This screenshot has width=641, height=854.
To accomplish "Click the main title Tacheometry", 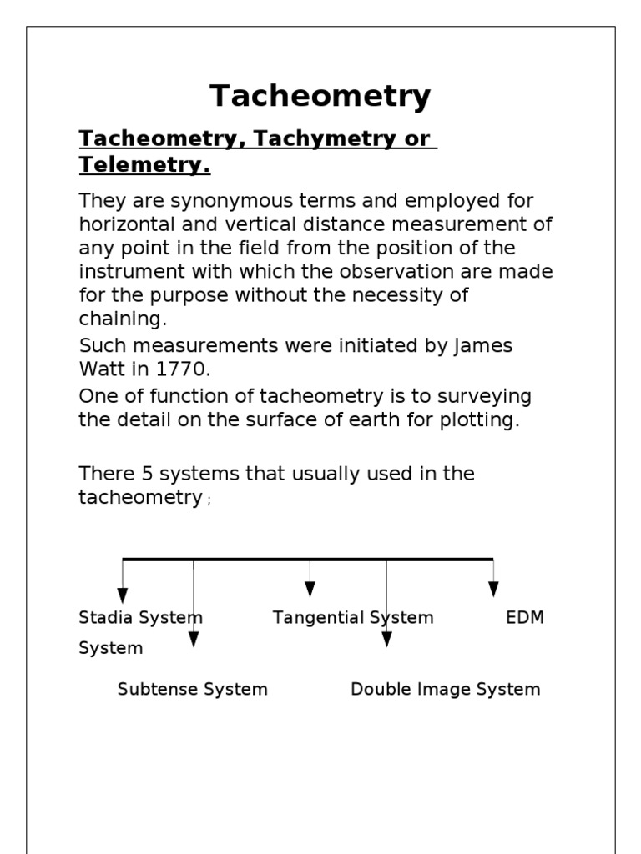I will (x=320, y=97).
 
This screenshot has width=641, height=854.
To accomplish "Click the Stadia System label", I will (x=140, y=618).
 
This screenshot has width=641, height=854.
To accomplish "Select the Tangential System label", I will (x=353, y=618).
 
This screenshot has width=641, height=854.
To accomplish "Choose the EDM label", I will (x=525, y=618).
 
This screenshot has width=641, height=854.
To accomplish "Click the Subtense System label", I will (x=193, y=690).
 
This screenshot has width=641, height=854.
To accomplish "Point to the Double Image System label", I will (x=445, y=690).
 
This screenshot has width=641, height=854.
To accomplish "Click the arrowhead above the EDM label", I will (x=493, y=589).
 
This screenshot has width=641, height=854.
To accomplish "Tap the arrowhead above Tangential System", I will (x=310, y=589).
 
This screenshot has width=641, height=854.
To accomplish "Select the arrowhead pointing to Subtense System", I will (x=194, y=639).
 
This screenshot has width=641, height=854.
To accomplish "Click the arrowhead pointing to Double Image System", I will (x=386, y=639).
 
